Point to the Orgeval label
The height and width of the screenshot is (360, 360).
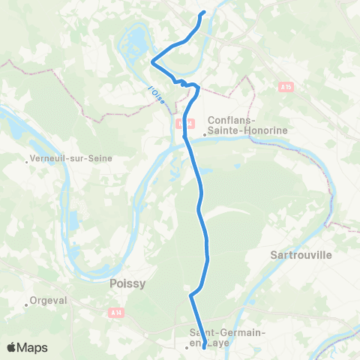click(49, 301)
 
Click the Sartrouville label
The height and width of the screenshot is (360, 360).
click(299, 254)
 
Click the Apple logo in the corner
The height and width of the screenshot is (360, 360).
click(12, 347)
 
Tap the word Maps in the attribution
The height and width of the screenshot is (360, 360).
click(34, 348)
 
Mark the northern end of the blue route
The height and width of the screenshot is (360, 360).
click(203, 13)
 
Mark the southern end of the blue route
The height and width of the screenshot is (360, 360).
click(205, 346)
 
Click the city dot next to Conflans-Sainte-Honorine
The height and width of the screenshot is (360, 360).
click(204, 135)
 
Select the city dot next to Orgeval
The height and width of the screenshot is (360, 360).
click(26, 304)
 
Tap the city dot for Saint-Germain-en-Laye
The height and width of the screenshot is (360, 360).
click(187, 347)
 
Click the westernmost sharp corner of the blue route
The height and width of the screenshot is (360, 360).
click(152, 61)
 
